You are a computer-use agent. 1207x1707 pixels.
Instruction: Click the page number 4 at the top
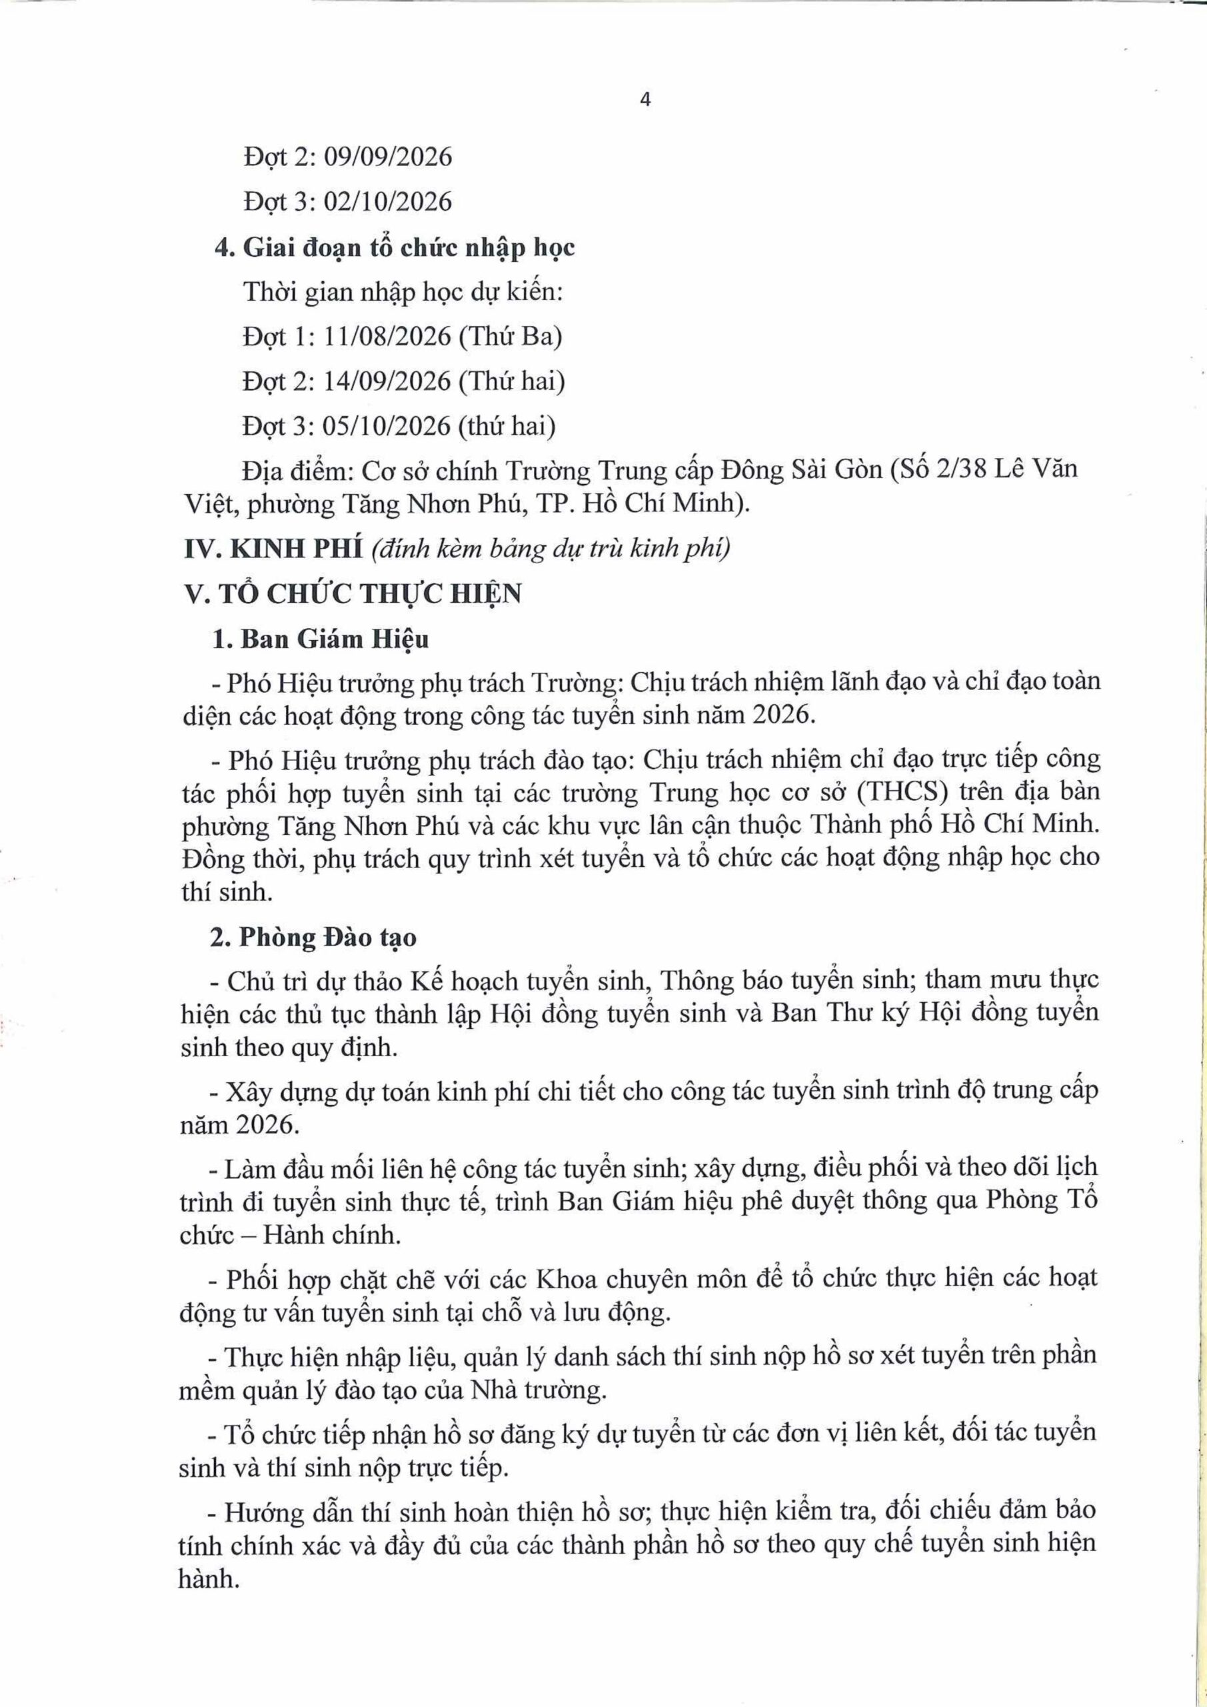coord(645,101)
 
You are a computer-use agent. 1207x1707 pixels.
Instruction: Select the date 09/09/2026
coord(388,157)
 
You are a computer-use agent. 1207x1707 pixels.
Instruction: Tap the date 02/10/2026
coord(388,202)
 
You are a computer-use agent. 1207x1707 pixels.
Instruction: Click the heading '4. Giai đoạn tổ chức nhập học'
coord(395,247)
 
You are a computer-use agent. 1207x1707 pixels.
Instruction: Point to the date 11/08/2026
coord(388,337)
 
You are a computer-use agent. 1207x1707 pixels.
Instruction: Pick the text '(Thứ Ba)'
coord(510,337)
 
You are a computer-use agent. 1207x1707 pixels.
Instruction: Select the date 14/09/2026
coord(388,381)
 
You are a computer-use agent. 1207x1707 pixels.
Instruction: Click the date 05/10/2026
coord(388,427)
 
